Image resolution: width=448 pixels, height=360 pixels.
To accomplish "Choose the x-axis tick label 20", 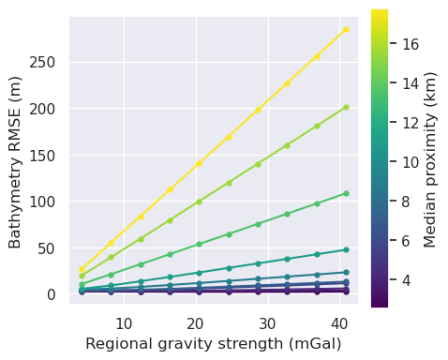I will (x=195, y=323).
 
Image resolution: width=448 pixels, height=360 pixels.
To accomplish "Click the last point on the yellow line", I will (x=346, y=29).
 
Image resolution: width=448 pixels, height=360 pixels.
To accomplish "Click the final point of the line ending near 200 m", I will (x=346, y=107).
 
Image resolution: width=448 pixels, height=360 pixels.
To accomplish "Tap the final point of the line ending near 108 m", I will (x=346, y=194).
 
